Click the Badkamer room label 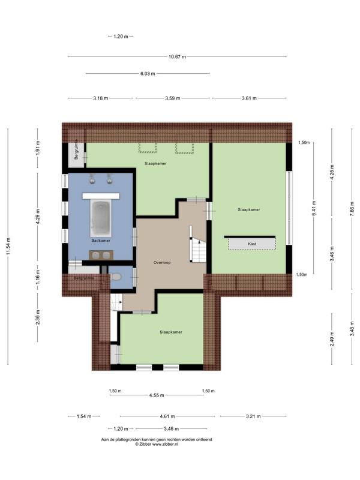click(x=101, y=241)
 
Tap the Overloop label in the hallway click(x=162, y=262)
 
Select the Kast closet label click(x=252, y=244)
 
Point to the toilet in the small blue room click(x=115, y=277)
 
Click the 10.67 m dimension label click(x=177, y=56)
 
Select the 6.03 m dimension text click(x=148, y=73)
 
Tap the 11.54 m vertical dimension click(x=8, y=247)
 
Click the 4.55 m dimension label click(x=157, y=395)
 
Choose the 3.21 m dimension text click(x=253, y=416)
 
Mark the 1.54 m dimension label click(x=84, y=416)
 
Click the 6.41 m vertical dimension click(x=314, y=208)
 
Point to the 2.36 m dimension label click(x=38, y=317)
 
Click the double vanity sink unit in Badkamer click(x=101, y=255)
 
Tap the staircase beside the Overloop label click(x=198, y=250)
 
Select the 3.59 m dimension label click(x=173, y=98)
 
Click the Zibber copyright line click(x=157, y=444)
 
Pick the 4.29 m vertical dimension click(x=38, y=217)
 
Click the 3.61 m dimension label click(x=249, y=98)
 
